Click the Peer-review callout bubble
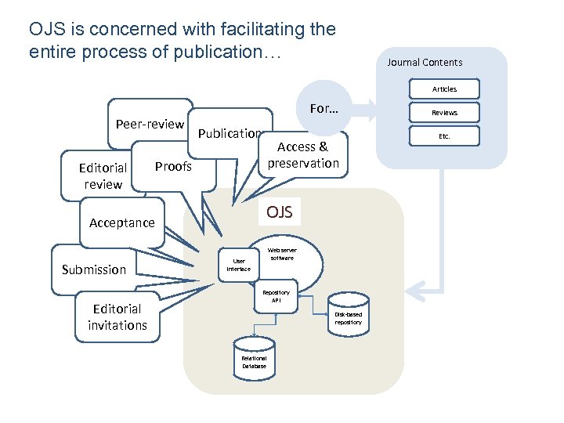point(150,124)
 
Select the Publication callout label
point(229,134)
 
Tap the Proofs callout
point(173,166)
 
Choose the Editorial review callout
point(103,176)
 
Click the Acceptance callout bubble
point(121,222)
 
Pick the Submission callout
point(93,269)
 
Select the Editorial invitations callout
point(117,316)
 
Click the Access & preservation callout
point(302,155)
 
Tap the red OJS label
point(280,211)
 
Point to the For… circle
point(324,109)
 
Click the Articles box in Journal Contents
point(444,89)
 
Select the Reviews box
point(444,113)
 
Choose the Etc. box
point(444,136)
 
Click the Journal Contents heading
point(425,63)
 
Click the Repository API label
point(281,296)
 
